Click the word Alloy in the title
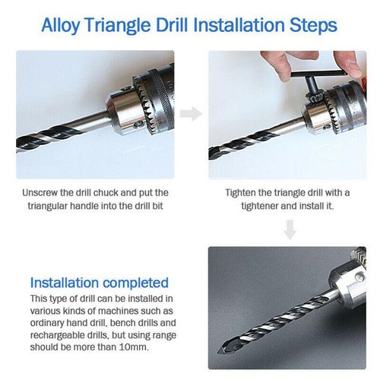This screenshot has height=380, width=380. tap(60, 25)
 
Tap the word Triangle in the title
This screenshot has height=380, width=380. tap(118, 25)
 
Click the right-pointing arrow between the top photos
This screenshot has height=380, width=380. tap(191, 114)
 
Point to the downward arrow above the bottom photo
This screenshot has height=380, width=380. tap(290, 230)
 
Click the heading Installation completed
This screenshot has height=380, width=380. tap(100, 283)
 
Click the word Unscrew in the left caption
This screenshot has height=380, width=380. tap(40, 193)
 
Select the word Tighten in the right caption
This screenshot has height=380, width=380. tap(240, 193)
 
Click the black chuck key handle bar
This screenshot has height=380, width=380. tap(318, 74)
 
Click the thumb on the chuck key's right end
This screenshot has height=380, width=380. tap(349, 65)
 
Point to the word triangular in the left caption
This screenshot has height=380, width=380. tap(47, 206)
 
